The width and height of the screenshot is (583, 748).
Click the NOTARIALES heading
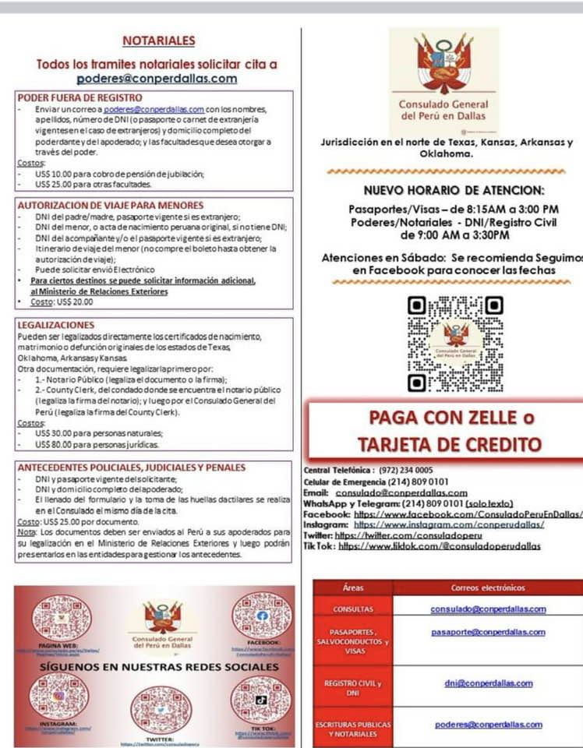[x=158, y=41]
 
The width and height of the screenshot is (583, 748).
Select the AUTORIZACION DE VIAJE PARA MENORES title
[x=110, y=205]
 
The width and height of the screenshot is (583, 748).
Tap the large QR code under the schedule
[x=455, y=343]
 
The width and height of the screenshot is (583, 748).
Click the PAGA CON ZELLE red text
[x=451, y=418]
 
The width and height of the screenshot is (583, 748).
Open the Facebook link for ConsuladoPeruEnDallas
[x=468, y=514]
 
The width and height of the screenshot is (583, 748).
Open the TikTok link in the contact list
[x=439, y=546]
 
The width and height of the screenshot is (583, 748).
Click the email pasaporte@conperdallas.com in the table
[x=488, y=632]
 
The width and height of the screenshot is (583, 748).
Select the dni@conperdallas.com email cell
[x=489, y=683]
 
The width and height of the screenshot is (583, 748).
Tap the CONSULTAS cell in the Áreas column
[x=352, y=609]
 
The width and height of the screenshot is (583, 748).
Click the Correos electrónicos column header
[x=488, y=587]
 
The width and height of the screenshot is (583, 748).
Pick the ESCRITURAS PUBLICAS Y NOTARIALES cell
[x=352, y=729]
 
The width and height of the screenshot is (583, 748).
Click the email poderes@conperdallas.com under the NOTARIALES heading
[x=157, y=79]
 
